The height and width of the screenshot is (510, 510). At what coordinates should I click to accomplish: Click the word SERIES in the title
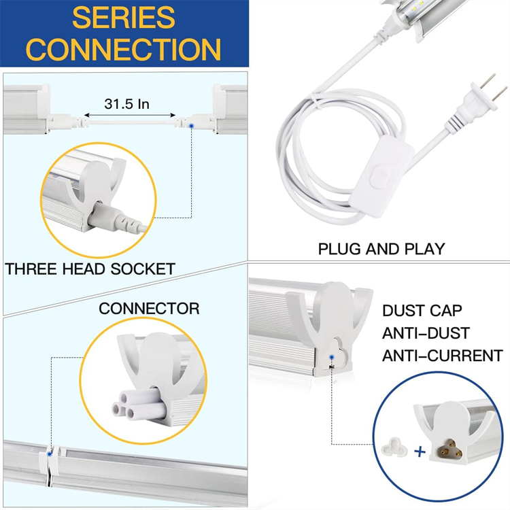coord(124,18)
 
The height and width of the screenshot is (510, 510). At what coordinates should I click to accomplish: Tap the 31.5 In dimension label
coord(127,104)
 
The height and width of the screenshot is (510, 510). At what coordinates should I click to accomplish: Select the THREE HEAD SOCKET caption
coord(90,269)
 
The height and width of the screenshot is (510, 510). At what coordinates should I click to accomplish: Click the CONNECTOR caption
coord(149,309)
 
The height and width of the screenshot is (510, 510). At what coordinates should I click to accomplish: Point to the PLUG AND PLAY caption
coord(381,249)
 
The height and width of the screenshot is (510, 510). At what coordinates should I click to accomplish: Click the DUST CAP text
coord(422,311)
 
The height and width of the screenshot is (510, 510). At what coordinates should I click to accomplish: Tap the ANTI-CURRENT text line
coord(442,356)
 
